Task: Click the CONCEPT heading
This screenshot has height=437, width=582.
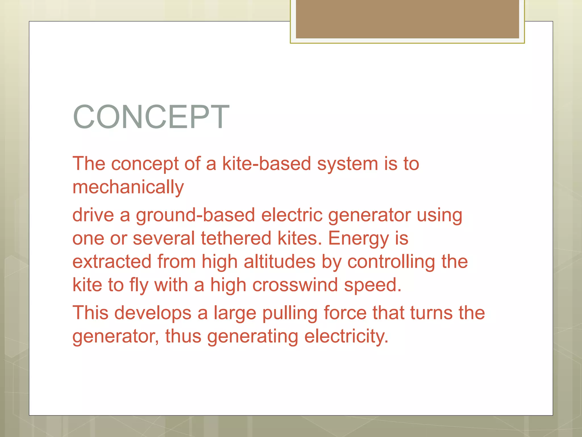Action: pyautogui.click(x=151, y=117)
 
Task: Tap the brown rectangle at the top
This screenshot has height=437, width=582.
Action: pyautogui.click(x=407, y=19)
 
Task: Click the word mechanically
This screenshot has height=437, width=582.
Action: pyautogui.click(x=128, y=187)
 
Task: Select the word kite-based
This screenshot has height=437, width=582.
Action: pyautogui.click(x=267, y=164)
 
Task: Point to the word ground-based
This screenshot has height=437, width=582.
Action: pyautogui.click(x=195, y=215)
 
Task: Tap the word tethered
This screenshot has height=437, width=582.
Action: pyautogui.click(x=236, y=238)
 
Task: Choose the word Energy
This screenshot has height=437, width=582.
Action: pyautogui.click(x=358, y=239)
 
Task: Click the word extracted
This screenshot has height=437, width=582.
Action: pyautogui.click(x=112, y=262)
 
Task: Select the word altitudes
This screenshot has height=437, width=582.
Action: pyautogui.click(x=279, y=262)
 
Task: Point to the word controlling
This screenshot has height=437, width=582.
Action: pyautogui.click(x=391, y=262)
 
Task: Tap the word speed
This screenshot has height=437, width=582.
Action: pyautogui.click(x=373, y=286)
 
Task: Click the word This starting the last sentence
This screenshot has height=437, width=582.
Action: pyautogui.click(x=90, y=313)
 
